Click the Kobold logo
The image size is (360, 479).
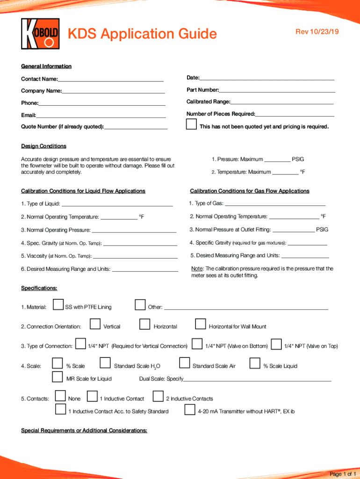click(41, 34)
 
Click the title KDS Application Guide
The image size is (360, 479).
click(143, 34)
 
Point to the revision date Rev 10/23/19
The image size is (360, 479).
click(316, 31)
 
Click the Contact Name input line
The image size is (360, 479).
click(111, 79)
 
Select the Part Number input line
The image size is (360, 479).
click(277, 89)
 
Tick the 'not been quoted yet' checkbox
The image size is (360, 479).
click(191, 125)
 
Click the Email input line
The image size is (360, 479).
click(101, 115)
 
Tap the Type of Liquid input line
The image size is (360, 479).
click(117, 203)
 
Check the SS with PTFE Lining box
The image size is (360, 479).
click(58, 305)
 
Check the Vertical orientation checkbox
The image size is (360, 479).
click(95, 324)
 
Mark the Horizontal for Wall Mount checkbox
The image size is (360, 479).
click(201, 324)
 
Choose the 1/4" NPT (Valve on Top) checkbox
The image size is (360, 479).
click(276, 344)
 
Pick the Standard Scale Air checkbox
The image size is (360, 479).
click(185, 363)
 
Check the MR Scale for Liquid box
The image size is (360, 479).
click(58, 377)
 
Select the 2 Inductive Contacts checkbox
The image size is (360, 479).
click(158, 397)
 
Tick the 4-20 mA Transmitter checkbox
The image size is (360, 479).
click(190, 410)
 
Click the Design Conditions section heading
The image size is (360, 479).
click(43, 146)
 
